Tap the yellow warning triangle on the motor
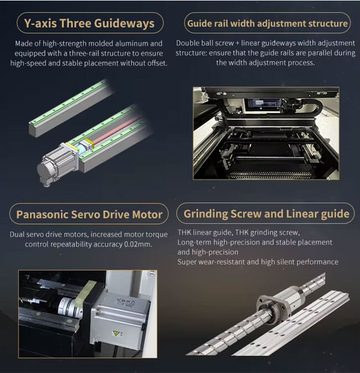point(116,333)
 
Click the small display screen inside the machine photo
point(264,105)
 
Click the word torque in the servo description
point(156,235)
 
